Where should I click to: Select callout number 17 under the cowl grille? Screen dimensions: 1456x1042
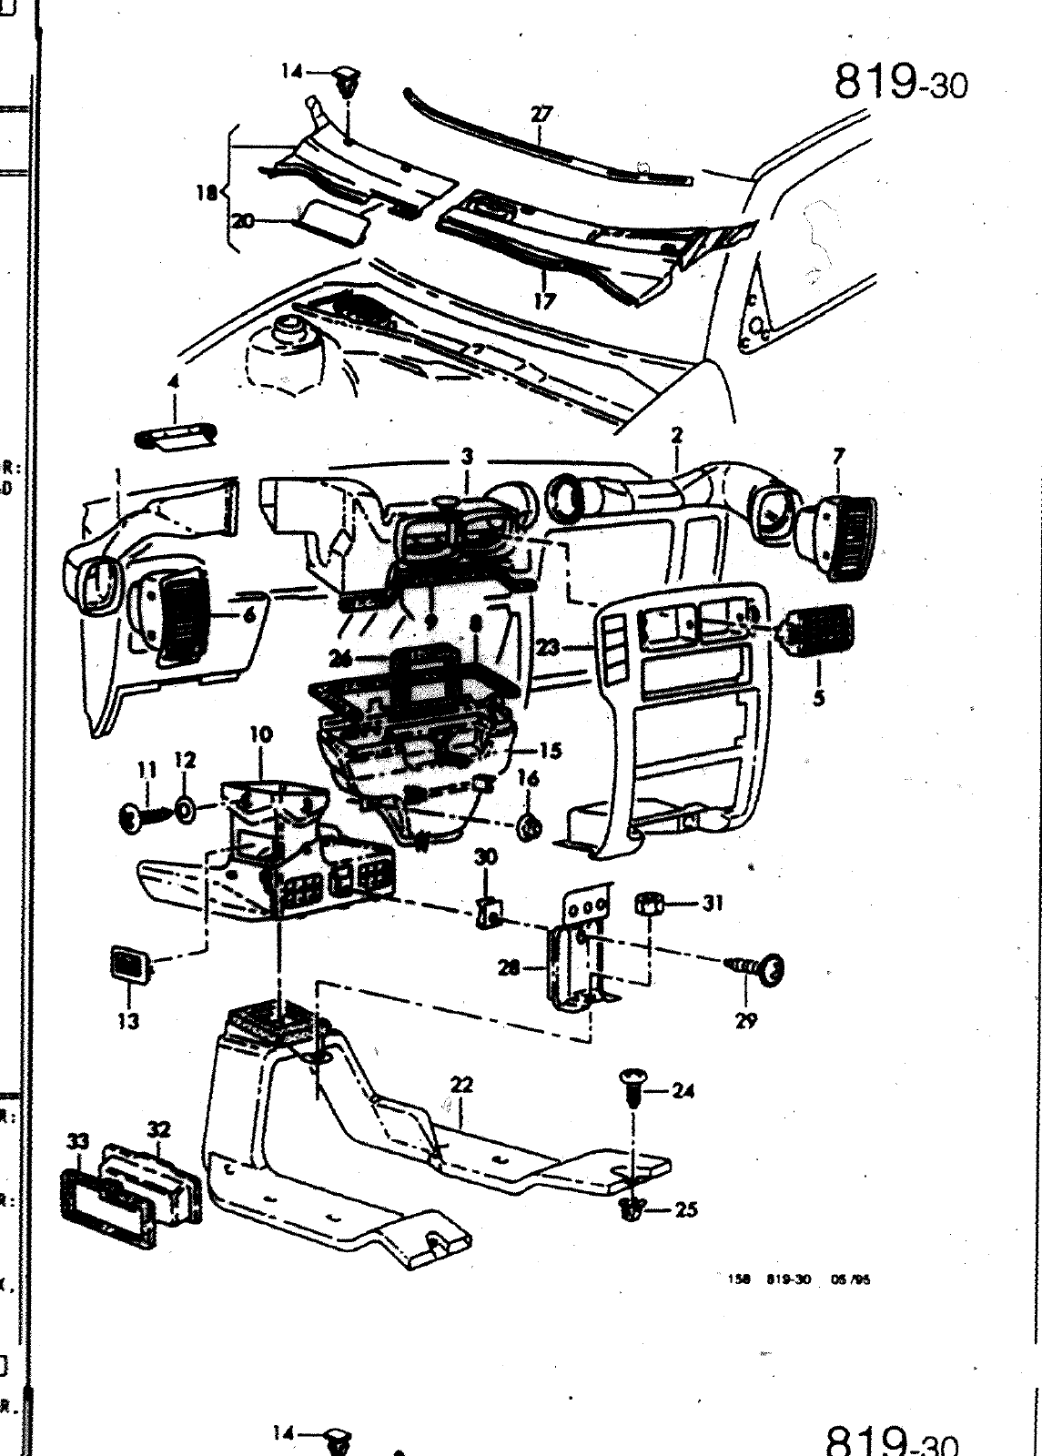pos(544,300)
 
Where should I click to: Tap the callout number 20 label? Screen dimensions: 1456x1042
pos(242,220)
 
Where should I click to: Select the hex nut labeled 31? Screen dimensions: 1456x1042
pos(649,904)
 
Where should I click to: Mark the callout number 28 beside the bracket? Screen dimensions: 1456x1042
pos(509,968)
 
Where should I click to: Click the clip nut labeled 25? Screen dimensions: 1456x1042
pos(631,1208)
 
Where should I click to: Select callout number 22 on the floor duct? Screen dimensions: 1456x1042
pos(461,1085)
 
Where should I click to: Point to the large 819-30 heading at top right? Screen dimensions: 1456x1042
pos(901,84)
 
